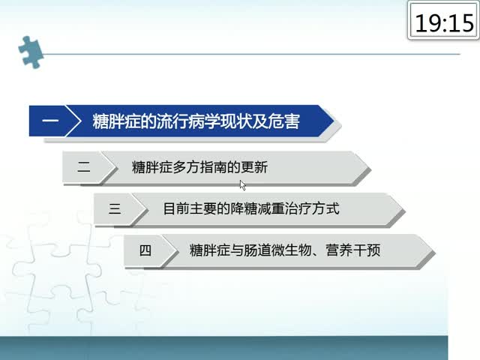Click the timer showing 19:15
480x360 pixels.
tap(444, 20)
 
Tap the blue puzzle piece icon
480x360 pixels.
tap(30, 52)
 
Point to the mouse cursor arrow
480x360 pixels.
tap(243, 185)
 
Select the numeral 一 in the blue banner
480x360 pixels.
tap(50, 120)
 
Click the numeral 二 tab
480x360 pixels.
tap(83, 167)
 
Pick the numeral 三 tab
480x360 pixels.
tap(115, 208)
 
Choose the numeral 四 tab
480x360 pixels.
tap(145, 250)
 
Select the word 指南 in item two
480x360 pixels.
tap(213, 167)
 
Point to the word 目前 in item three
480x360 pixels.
tap(176, 209)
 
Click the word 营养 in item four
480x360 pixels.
tap(339, 250)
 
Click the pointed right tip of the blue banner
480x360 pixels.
tap(334, 121)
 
